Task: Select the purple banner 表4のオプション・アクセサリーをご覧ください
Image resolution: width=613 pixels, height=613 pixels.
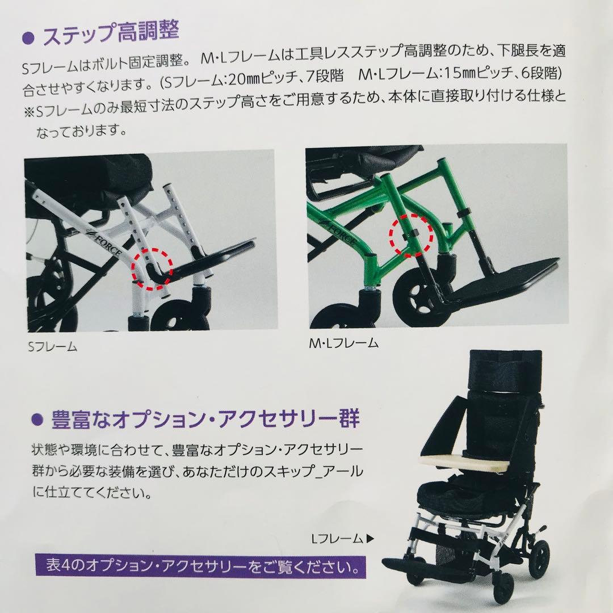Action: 199,566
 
